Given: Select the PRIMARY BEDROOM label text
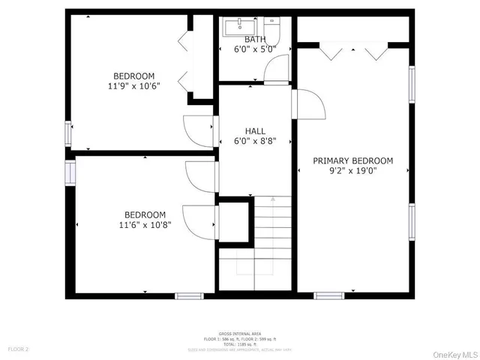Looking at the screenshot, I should [x=352, y=160].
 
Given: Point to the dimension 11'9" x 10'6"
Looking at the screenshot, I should [x=134, y=86].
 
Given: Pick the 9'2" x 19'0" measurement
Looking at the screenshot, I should [x=352, y=171].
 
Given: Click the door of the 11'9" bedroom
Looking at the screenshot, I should [x=199, y=130].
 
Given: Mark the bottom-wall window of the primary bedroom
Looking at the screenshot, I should [x=328, y=295].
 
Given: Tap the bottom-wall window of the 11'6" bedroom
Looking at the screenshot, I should [x=190, y=295].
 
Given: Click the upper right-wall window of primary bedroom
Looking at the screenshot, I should [x=411, y=83].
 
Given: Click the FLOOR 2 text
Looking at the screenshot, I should [x=18, y=349].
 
